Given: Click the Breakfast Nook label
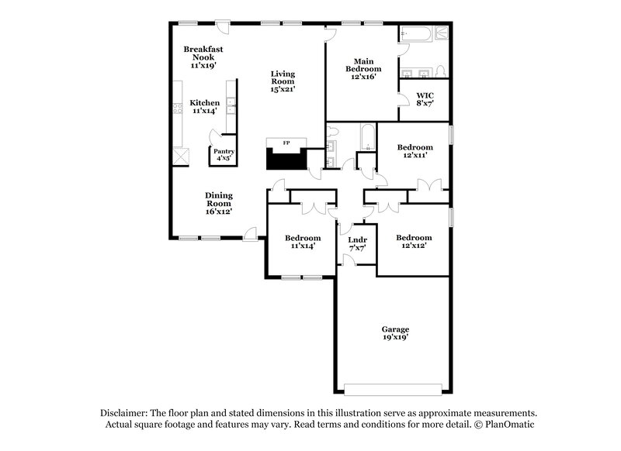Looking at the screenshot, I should point(203,57).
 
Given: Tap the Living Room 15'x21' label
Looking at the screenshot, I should point(283,81).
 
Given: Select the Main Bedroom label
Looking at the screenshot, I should point(364,68).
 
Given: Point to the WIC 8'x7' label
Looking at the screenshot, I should point(425,98).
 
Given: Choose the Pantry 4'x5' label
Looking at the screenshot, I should point(224,154).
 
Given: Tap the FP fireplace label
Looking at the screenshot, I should point(286,143).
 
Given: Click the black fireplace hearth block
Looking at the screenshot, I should point(286,160).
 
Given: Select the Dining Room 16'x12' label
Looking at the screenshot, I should point(219,203).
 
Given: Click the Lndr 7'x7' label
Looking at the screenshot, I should point(357,244).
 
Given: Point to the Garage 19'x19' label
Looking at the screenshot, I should point(395,333).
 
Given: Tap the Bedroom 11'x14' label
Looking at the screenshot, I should point(302,242).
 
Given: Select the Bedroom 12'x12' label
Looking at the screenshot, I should point(414,242).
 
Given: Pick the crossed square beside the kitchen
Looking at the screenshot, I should point(181,156).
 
